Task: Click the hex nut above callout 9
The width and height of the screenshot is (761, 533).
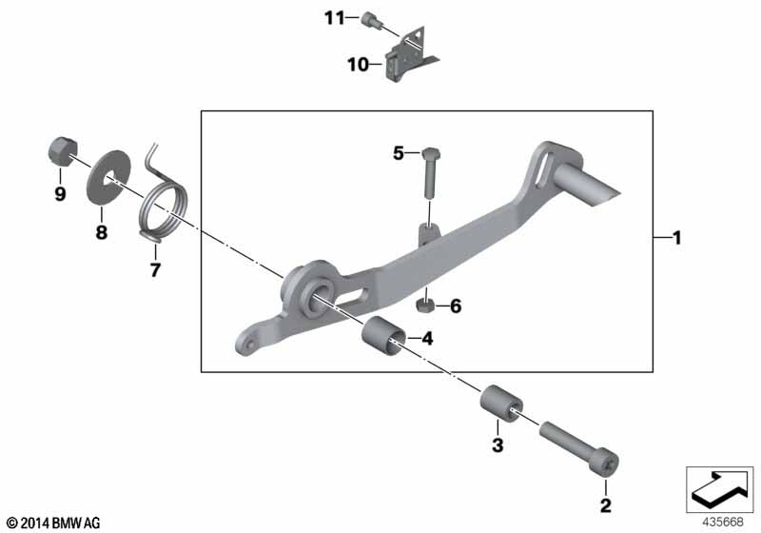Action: [63, 150]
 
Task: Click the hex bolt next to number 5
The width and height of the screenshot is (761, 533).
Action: [431, 172]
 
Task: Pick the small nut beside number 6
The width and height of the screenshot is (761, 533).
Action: [425, 306]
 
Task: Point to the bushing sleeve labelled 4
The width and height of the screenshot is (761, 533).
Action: [384, 336]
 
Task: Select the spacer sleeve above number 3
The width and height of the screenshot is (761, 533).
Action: [501, 404]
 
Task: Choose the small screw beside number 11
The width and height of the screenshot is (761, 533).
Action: [372, 20]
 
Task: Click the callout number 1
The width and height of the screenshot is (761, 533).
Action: [677, 238]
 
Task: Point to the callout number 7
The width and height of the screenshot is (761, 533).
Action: [155, 270]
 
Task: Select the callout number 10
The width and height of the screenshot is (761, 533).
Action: [359, 64]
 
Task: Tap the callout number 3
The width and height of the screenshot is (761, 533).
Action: [498, 444]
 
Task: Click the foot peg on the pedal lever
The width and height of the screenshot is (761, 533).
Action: [588, 185]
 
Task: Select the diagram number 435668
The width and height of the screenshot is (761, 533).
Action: [723, 522]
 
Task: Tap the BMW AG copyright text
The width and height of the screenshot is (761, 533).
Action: [54, 523]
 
